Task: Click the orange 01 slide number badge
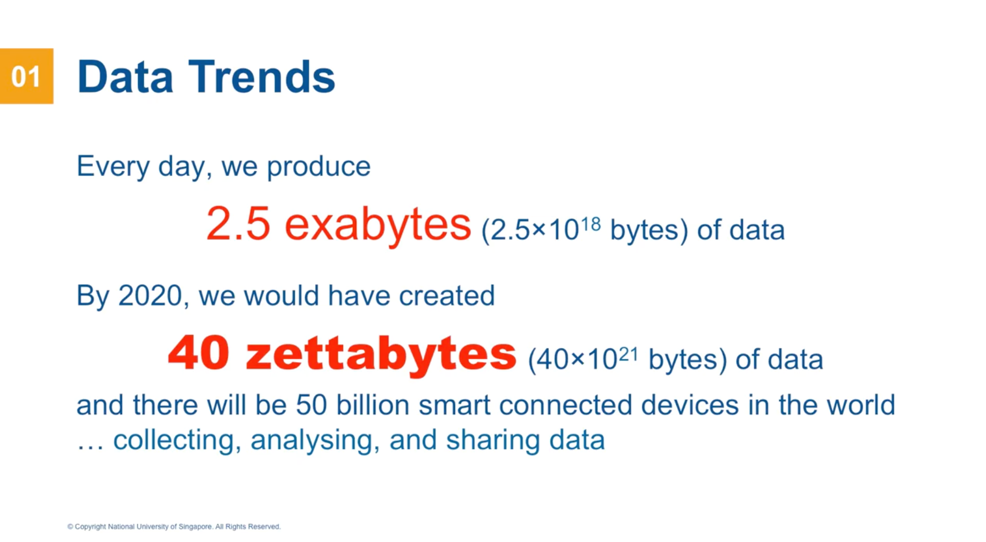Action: coord(26,76)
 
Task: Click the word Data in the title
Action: coord(126,77)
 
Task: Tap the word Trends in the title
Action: coord(262,77)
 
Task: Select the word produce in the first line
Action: coord(318,167)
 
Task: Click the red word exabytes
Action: coord(378,224)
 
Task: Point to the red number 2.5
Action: coord(238,223)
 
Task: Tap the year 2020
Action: coord(150,296)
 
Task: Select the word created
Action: coord(446,296)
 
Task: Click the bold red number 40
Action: coord(198,353)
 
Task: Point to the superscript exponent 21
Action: coord(629,355)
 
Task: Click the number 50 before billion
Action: coord(311,405)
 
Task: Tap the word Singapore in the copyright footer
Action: coord(195,527)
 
